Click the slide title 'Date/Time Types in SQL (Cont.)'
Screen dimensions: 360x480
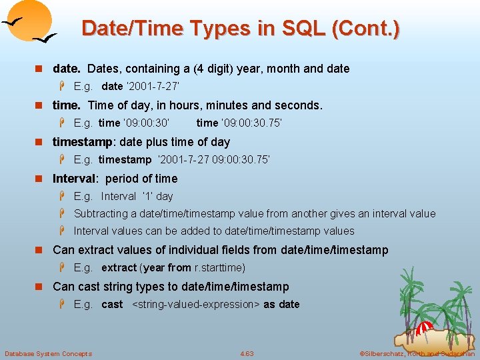pyautogui.click(x=240, y=28)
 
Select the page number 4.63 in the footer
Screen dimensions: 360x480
pyautogui.click(x=247, y=353)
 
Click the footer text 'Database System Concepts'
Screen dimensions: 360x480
pyautogui.click(x=48, y=353)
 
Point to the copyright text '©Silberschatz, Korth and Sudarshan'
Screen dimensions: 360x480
pyautogui.click(x=417, y=353)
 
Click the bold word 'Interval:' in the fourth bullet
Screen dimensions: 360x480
pyautogui.click(x=75, y=179)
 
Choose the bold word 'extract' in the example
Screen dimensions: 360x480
pyautogui.click(x=119, y=268)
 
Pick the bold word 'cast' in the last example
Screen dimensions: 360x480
pyautogui.click(x=112, y=305)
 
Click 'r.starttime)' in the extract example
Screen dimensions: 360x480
pyautogui.click(x=219, y=268)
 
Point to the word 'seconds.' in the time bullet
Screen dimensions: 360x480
pyautogui.click(x=300, y=105)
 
